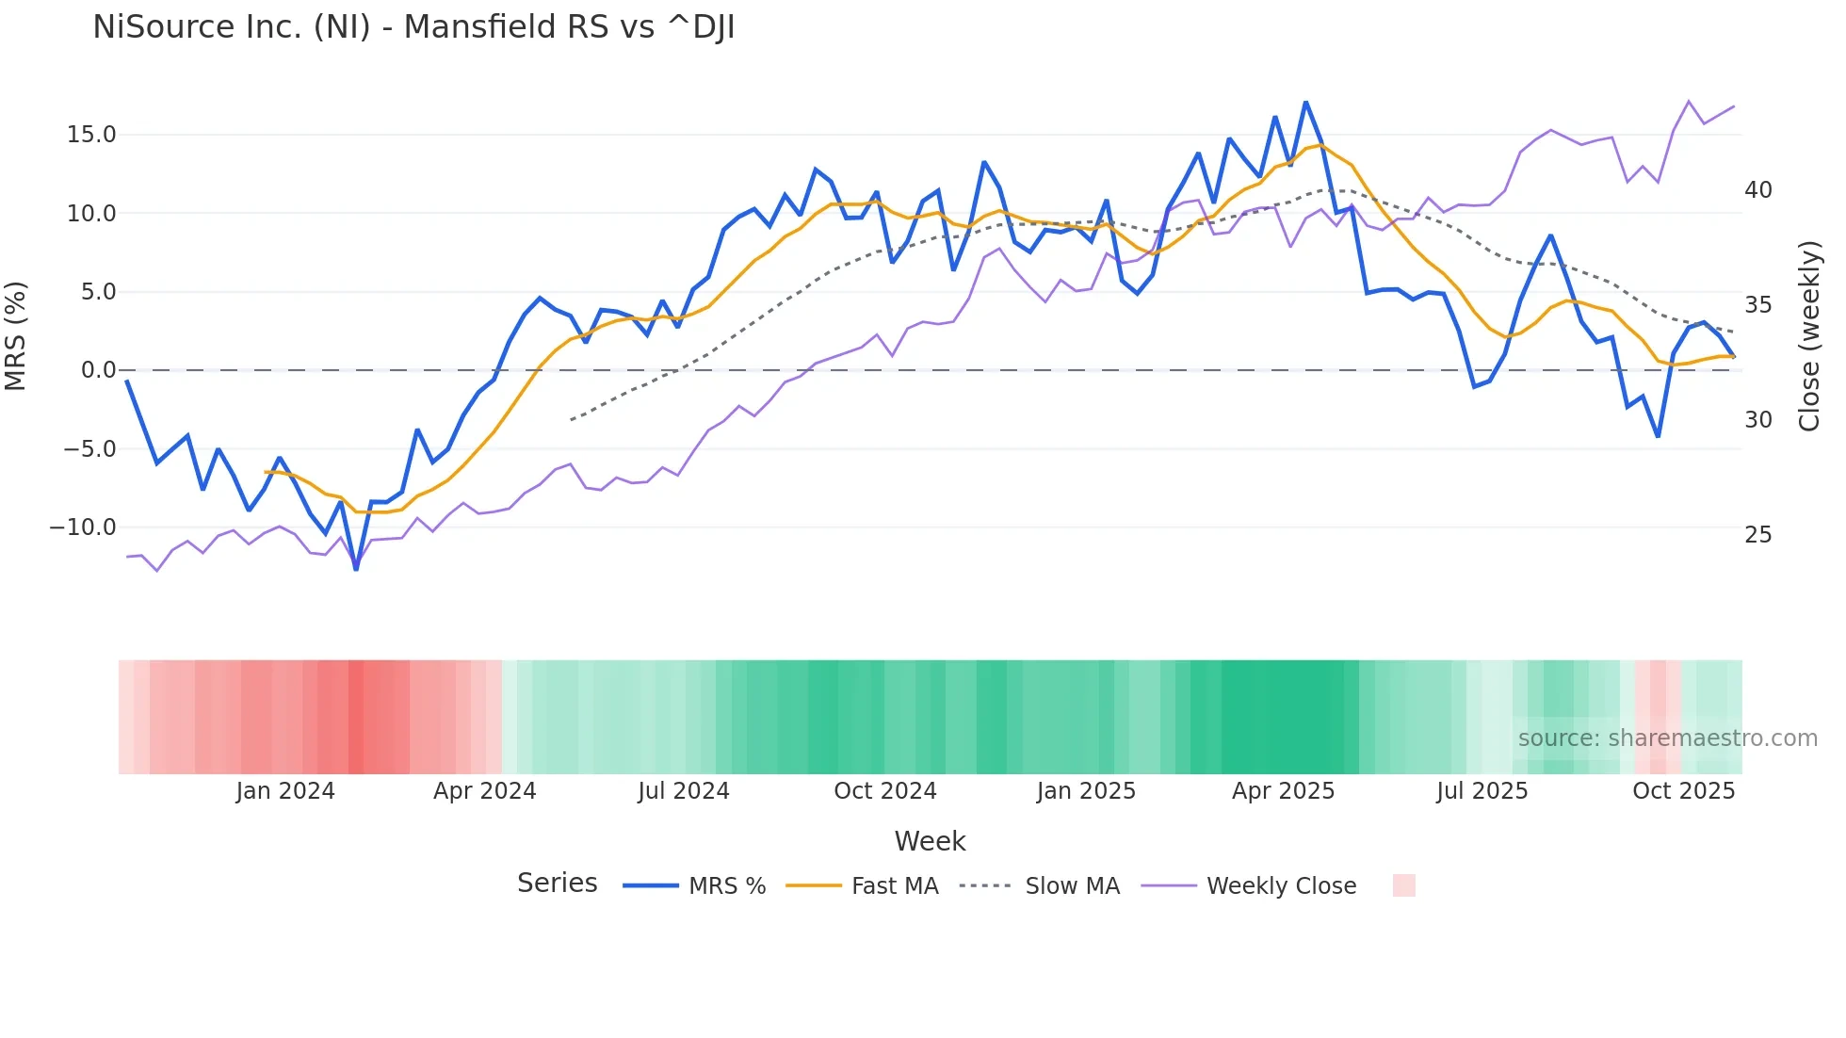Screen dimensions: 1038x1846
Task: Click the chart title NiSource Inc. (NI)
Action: pos(413,27)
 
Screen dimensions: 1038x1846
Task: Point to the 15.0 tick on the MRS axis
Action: pos(91,135)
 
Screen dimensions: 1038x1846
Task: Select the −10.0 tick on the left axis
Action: pos(83,527)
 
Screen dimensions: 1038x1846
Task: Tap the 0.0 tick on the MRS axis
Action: pos(98,370)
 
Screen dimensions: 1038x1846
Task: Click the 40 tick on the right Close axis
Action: pos(1757,190)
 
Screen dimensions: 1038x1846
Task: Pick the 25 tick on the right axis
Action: pos(1757,535)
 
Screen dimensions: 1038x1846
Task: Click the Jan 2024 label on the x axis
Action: pos(285,791)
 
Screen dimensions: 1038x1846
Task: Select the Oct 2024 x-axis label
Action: pos(885,791)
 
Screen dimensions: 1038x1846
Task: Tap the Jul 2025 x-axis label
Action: pos(1482,791)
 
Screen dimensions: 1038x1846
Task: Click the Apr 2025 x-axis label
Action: pos(1283,791)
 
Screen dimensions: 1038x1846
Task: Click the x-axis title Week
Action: pos(930,841)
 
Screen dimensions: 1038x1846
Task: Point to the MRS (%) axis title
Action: pos(16,335)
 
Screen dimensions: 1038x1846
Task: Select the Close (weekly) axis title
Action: pos(1808,335)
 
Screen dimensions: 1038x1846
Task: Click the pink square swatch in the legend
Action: pos(1403,885)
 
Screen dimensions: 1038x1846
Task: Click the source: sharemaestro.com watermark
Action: pos(1667,738)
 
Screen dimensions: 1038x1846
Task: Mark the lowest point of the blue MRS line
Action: pos(356,569)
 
